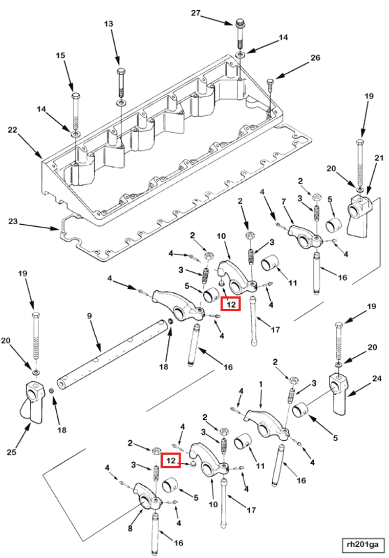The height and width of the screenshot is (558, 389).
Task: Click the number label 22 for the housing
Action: click(13, 130)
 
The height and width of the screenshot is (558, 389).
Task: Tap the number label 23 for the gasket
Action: click(13, 222)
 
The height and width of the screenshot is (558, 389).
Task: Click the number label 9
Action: click(89, 316)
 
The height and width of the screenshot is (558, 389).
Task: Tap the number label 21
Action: click(379, 159)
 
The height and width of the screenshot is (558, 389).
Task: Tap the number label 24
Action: click(377, 379)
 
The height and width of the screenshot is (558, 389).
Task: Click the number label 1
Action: click(261, 383)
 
